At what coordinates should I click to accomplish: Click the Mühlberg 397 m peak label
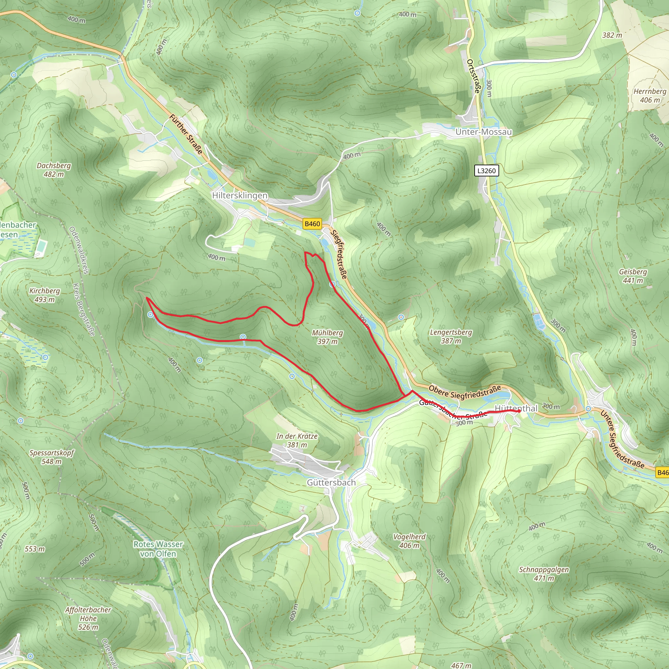(x=327, y=337)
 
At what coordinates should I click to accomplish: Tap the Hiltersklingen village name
(x=240, y=196)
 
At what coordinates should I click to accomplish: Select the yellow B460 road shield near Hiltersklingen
(x=312, y=224)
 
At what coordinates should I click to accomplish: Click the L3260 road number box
(x=486, y=171)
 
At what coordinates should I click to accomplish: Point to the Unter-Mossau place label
(x=483, y=132)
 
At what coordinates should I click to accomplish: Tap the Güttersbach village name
(x=331, y=482)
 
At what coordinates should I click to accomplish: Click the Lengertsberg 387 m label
(x=451, y=336)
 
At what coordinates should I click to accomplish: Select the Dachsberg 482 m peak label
(x=54, y=170)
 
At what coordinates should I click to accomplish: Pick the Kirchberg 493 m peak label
(x=45, y=295)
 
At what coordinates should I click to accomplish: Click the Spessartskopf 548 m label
(x=52, y=457)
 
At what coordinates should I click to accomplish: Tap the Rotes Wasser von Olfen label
(x=158, y=549)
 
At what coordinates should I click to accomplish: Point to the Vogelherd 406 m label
(x=410, y=541)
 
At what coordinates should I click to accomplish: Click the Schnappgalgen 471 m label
(x=544, y=574)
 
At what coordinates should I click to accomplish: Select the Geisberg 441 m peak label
(x=633, y=276)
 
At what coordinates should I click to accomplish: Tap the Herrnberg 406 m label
(x=650, y=96)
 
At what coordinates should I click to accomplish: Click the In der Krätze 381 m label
(x=297, y=440)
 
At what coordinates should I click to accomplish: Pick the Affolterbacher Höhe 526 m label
(x=88, y=618)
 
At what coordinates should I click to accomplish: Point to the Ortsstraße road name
(x=474, y=76)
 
